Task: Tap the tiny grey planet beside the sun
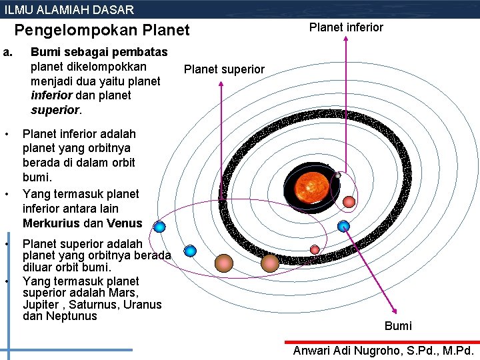337,175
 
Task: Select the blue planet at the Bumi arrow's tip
343,226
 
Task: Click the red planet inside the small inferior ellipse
349,201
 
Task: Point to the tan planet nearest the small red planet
269,262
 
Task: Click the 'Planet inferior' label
346,27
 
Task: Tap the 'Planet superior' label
224,69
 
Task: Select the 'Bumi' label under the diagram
398,326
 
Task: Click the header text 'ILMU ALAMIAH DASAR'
69,9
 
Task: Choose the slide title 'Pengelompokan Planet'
102,30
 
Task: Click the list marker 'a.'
8,51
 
